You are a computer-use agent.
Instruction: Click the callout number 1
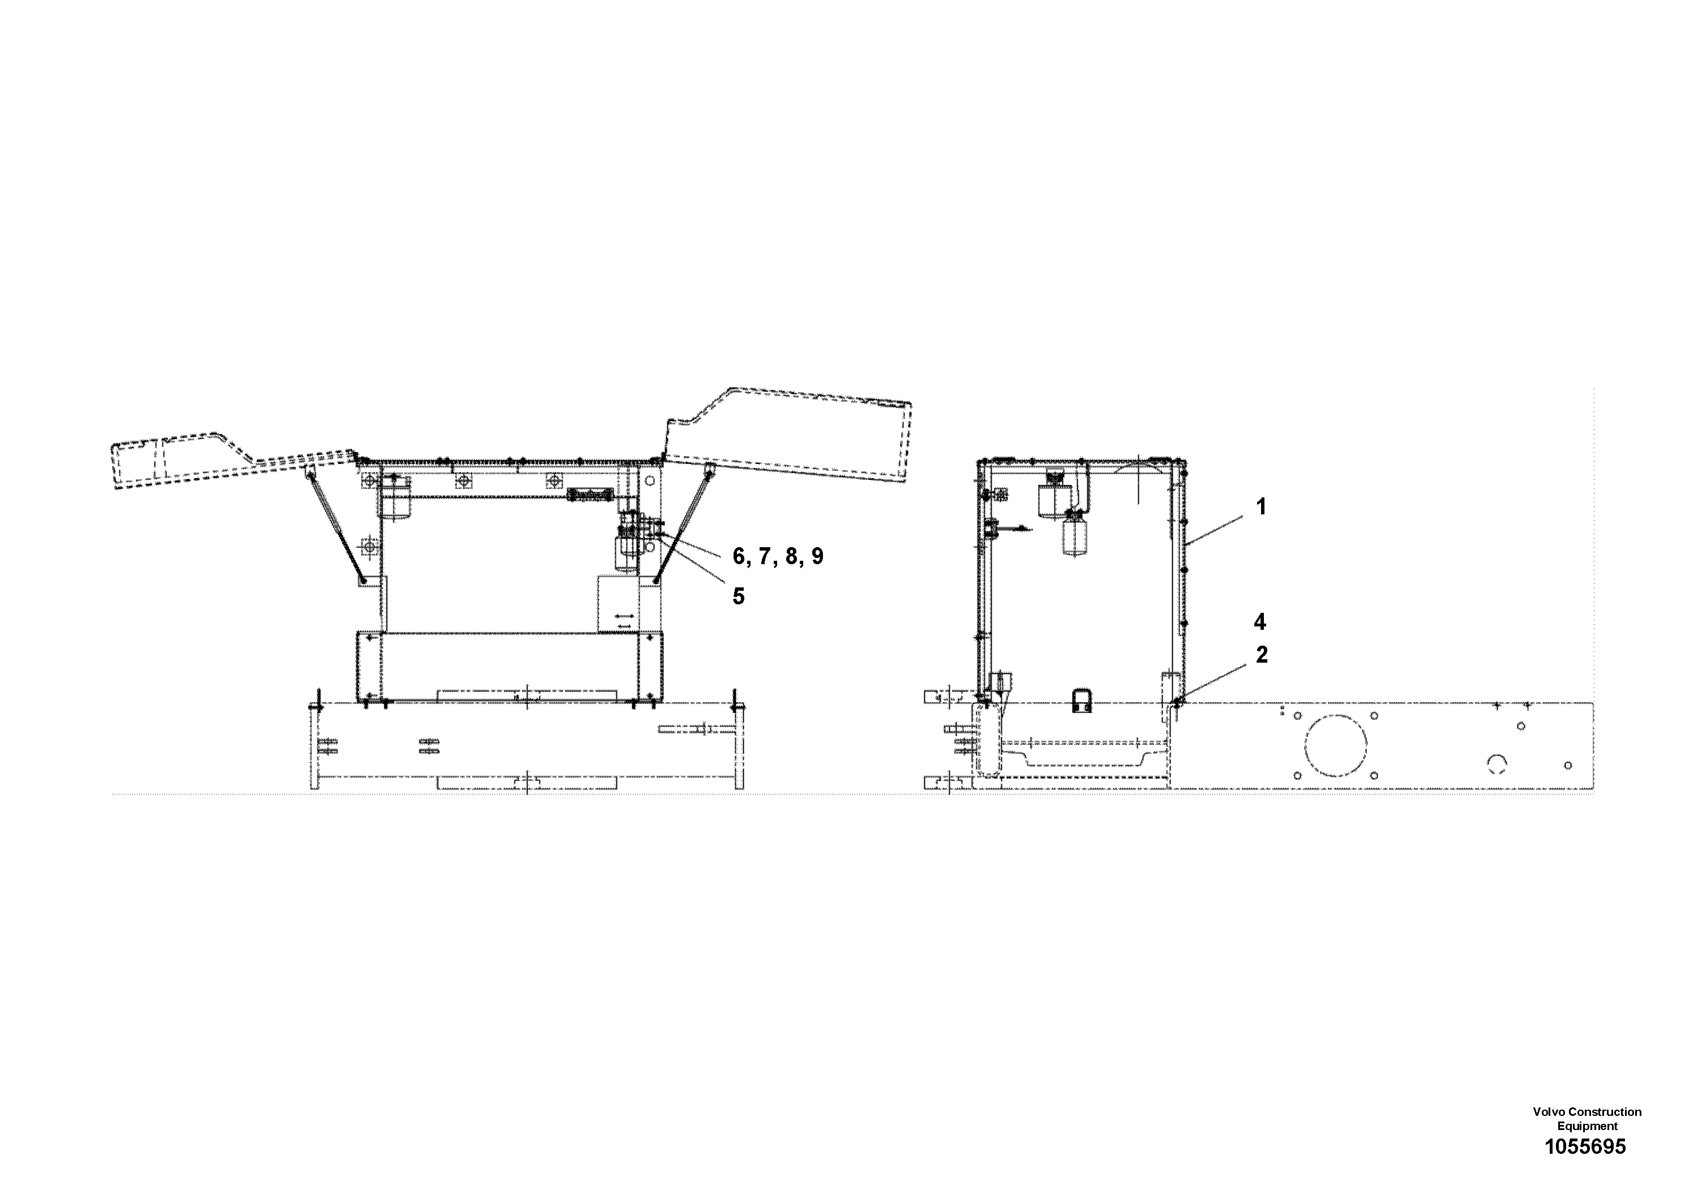point(1262,507)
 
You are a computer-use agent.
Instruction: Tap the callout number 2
point(1262,655)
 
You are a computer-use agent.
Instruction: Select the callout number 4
point(1260,622)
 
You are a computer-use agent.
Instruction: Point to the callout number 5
point(738,596)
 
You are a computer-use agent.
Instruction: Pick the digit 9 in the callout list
point(817,557)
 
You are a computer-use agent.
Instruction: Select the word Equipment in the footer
point(1588,1125)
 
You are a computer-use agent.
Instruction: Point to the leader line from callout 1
point(1215,530)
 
